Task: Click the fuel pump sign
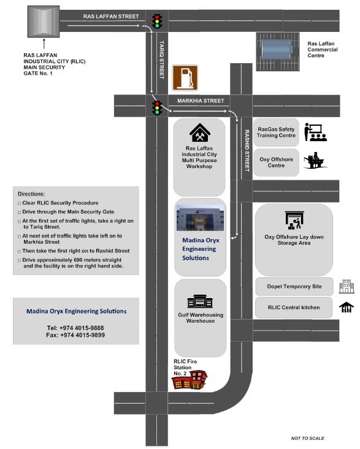point(185,78)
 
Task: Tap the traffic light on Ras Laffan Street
point(156,21)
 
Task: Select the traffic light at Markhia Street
point(157,108)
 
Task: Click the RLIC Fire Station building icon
point(190,380)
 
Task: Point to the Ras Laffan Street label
point(111,17)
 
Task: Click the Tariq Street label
point(162,60)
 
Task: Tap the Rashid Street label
point(247,151)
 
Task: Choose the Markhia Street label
point(201,101)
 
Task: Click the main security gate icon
point(44,21)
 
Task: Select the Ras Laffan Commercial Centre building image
point(278,52)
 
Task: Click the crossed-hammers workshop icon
point(200,132)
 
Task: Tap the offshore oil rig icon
point(315,160)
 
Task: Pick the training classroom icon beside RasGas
point(315,132)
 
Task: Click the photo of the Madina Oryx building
point(200,218)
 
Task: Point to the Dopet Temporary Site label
point(294,286)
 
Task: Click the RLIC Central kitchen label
point(294,307)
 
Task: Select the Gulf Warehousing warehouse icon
point(200,301)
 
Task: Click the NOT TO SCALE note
point(308,438)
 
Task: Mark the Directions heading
point(31,194)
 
